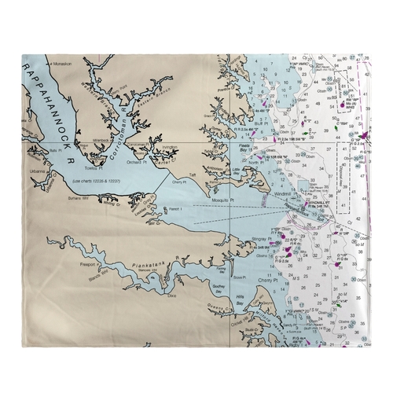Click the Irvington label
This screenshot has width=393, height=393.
pos(170,147)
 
